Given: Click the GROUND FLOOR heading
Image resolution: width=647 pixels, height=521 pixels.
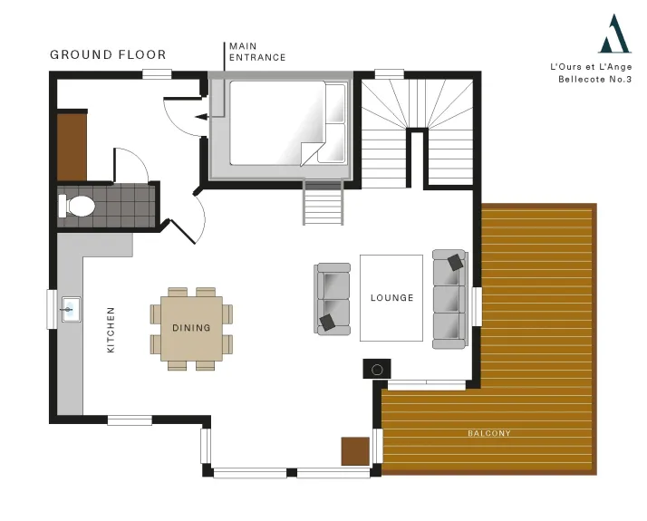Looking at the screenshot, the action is [108, 55].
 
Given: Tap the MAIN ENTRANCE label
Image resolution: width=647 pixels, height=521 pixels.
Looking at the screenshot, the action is [257, 52].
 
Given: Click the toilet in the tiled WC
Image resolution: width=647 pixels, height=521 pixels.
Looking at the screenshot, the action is [76, 206].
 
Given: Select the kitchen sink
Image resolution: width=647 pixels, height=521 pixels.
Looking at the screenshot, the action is [71, 309].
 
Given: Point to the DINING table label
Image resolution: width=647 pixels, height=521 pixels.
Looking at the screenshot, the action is [191, 328].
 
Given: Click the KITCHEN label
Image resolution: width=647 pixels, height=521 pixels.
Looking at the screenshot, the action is [111, 330].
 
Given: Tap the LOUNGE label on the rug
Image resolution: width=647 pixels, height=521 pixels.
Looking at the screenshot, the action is [391, 298].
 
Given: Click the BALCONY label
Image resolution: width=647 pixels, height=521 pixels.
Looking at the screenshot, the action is [489, 433].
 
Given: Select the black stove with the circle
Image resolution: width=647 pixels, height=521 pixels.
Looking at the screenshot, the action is [377, 369].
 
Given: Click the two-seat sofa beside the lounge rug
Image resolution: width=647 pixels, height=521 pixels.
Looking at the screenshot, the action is [333, 299].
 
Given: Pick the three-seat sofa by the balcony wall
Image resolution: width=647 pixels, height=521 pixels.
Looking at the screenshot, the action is [450, 299].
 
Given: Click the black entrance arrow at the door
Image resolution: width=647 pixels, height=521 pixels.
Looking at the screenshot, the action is [201, 117].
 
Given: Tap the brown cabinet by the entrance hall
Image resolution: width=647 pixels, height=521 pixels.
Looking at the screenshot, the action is [72, 147].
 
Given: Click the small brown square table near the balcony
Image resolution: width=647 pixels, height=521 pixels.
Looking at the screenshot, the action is [355, 451].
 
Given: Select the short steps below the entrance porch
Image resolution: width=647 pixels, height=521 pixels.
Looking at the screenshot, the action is [323, 202].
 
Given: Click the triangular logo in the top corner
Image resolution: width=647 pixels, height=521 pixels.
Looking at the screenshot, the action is [614, 34].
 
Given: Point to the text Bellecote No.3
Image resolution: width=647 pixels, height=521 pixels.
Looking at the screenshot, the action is [594, 79].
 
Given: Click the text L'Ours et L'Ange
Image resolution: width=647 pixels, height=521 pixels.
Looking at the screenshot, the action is [591, 67].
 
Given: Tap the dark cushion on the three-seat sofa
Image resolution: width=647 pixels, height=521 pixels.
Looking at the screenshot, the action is [455, 263].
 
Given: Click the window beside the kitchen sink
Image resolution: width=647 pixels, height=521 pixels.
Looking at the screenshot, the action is [52, 309].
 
